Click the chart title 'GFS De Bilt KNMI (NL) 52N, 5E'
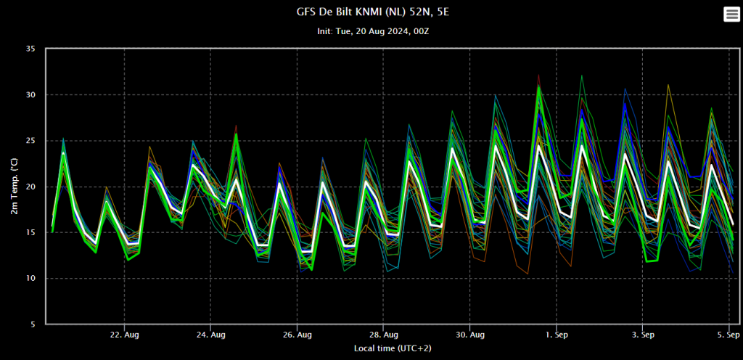(372, 12)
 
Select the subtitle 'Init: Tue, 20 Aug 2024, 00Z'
(373, 31)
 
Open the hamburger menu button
(731, 15)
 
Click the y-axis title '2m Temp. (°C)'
(15, 187)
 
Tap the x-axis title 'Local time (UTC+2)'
(393, 348)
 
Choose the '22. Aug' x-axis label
(125, 335)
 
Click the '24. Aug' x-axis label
(211, 335)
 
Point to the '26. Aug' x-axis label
(297, 335)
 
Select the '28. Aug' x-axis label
(383, 335)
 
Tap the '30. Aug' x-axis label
(469, 335)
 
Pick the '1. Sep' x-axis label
(557, 335)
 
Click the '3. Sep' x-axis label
(643, 335)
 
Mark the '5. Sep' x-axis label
(728, 335)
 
